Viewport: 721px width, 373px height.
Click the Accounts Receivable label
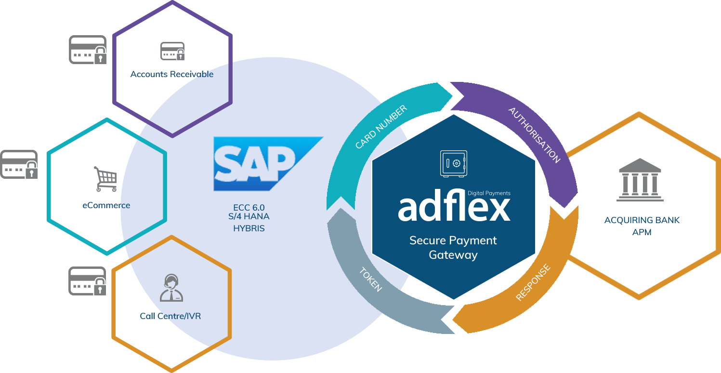coord(172,74)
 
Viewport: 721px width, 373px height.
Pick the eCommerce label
coord(106,205)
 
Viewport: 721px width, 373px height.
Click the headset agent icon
coord(171,288)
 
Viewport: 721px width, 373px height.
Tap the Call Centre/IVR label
coord(170,316)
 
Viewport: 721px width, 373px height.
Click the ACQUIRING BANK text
coord(642,220)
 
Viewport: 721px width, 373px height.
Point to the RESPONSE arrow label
coord(533,282)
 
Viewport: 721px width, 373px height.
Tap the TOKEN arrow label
coord(371,280)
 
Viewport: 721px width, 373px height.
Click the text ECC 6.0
coord(249,208)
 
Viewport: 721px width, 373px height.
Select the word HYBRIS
coord(249,228)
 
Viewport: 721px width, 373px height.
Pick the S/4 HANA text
coord(249,217)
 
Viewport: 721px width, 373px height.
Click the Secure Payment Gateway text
coord(453,247)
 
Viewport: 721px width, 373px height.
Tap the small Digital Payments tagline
coord(489,193)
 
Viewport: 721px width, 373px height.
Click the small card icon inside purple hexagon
coord(172,51)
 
